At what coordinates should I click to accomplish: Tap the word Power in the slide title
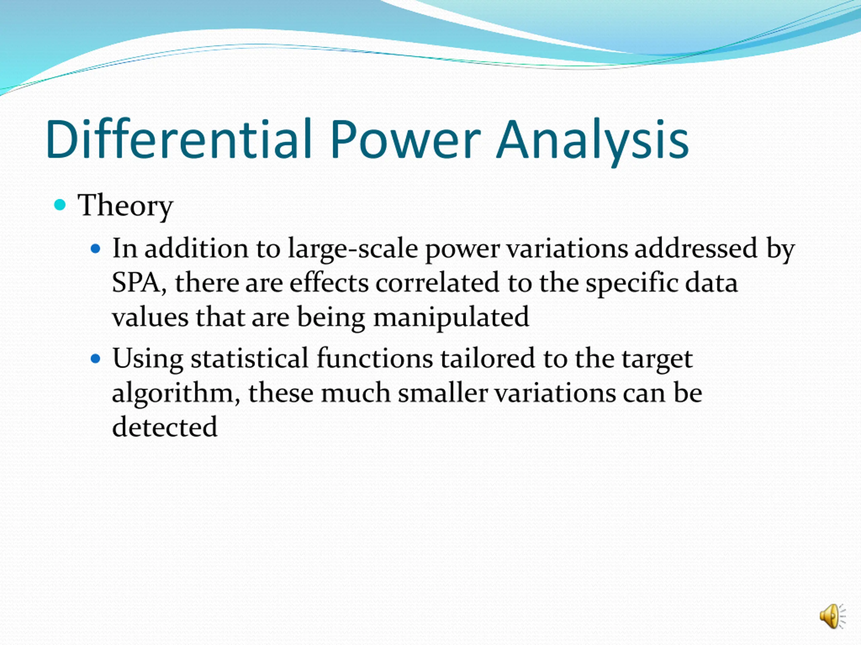coord(405,139)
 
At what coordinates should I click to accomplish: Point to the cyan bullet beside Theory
coord(60,205)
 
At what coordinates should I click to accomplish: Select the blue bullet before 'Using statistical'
coord(96,358)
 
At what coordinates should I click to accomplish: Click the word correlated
coord(437,282)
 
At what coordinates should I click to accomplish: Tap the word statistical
coord(250,358)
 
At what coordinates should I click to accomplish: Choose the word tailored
coord(487,358)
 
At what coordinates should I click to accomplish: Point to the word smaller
coord(443,392)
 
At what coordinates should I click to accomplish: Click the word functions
coord(374,358)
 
